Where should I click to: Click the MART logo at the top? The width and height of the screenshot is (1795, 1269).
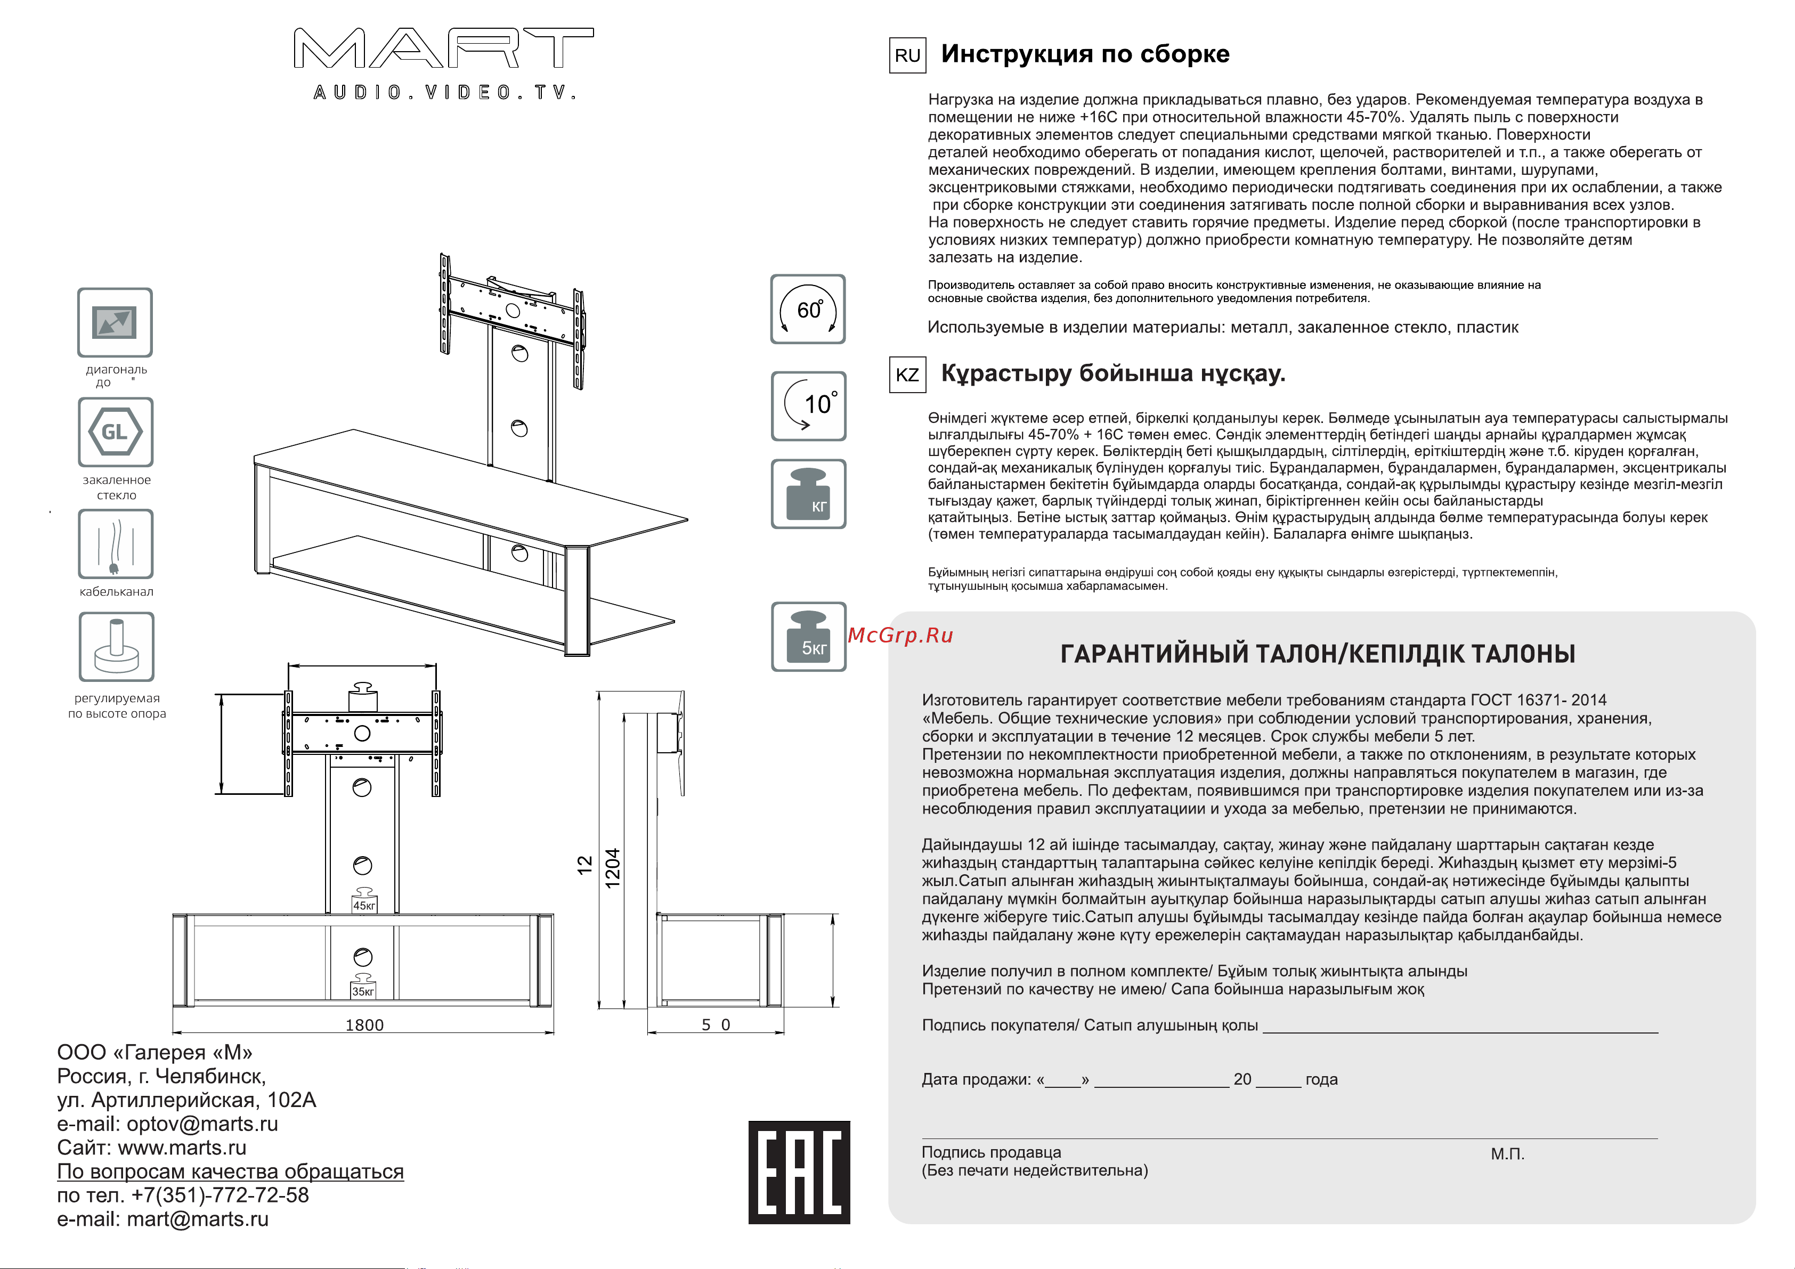[443, 49]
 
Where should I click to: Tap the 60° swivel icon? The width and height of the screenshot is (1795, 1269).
[808, 309]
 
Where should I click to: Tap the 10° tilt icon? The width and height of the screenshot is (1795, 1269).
[808, 406]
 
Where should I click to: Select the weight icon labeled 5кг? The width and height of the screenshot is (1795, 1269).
[808, 637]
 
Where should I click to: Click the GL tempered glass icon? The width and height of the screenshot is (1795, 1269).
[115, 432]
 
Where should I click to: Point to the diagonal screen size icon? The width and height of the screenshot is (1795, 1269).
[115, 322]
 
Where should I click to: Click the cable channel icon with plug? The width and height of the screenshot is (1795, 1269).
[115, 544]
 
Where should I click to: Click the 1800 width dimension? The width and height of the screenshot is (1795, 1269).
[364, 1025]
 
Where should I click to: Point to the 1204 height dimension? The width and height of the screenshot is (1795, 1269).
[613, 867]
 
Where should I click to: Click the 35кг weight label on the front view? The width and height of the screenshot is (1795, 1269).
[363, 991]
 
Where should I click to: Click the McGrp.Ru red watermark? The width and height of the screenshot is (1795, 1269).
[900, 635]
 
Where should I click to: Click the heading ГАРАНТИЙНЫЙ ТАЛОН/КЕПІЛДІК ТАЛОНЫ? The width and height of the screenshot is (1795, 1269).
[1317, 654]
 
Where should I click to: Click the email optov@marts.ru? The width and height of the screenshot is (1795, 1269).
[202, 1124]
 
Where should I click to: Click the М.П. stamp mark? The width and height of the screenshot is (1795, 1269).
[1507, 1154]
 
